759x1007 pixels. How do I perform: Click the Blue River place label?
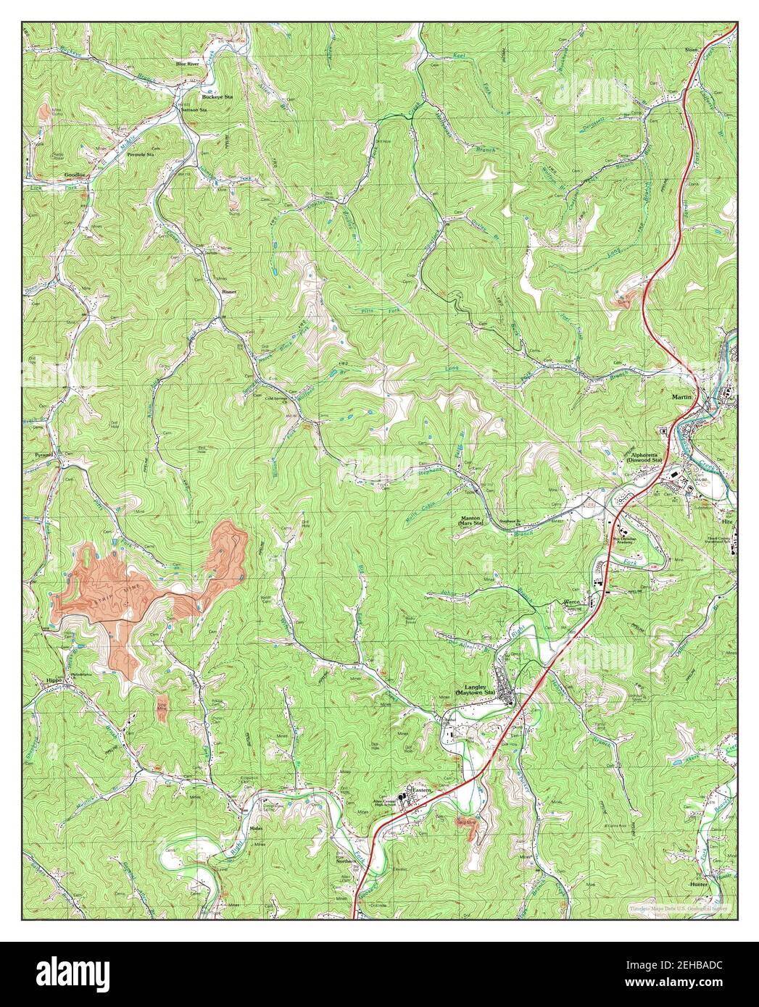[187, 64]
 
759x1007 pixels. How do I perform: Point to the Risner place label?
[229, 291]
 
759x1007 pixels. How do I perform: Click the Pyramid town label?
[44, 455]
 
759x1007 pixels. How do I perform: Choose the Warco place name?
[575, 602]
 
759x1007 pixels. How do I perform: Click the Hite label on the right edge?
[727, 521]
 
